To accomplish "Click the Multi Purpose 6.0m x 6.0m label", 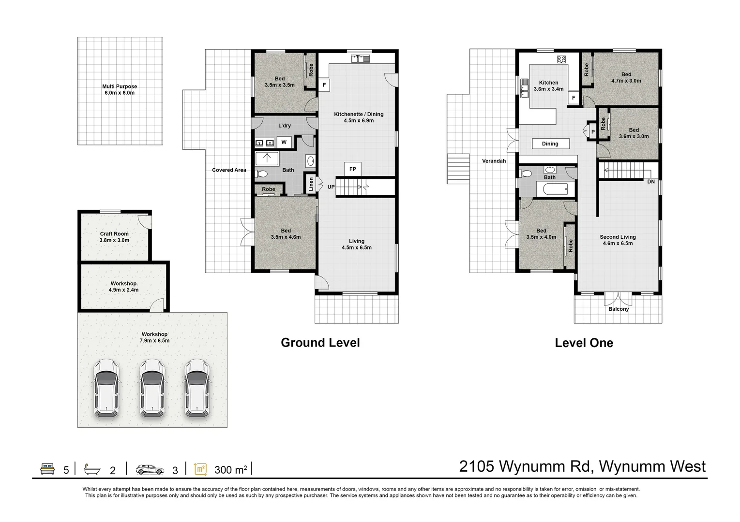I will click(120, 89).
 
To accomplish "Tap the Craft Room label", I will click(114, 234).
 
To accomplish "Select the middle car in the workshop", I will click(153, 388).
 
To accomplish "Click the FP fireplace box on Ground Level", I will click(353, 169).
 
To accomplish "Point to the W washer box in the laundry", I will click(284, 142).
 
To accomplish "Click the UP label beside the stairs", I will click(331, 187).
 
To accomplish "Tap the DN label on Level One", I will click(651, 182).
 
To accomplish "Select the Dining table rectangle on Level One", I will click(550, 144).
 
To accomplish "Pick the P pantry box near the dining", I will click(592, 131).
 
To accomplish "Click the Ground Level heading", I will click(320, 343).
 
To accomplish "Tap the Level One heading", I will click(584, 343).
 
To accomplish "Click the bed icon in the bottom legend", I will click(47, 469).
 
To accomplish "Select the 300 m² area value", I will click(230, 470).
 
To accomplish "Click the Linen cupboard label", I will click(311, 184).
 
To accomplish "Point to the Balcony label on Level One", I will click(619, 309).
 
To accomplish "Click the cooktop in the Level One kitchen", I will click(561, 59).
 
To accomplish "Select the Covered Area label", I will click(229, 170).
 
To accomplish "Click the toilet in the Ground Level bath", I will click(262, 174).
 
